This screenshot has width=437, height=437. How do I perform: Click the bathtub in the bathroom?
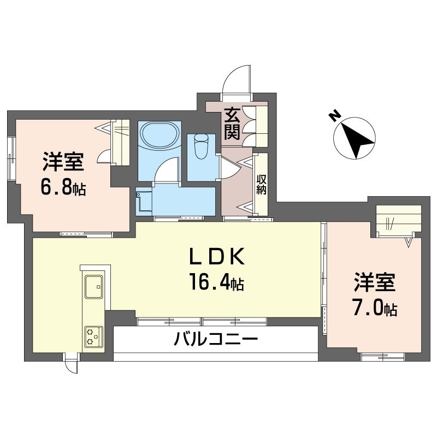[x=158, y=135]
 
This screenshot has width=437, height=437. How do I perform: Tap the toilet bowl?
[x=200, y=146]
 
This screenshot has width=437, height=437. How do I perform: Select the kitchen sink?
[x=95, y=286]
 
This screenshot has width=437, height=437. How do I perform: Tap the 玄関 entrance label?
[x=232, y=125]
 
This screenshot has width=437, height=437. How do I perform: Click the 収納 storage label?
[x=261, y=184]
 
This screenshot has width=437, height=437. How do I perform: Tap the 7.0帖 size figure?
[x=374, y=309]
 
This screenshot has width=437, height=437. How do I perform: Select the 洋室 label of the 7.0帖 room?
[x=374, y=284]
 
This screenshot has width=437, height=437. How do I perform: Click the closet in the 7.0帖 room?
[x=399, y=221]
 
